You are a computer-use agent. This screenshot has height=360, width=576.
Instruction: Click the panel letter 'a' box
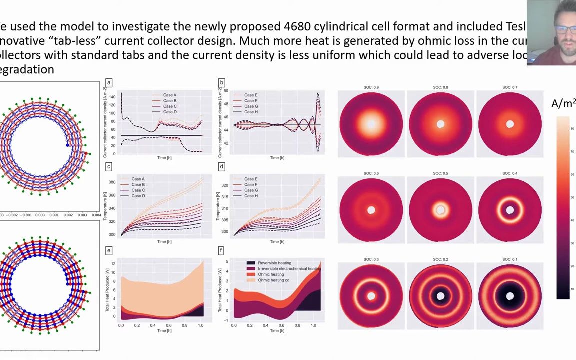tap(109, 82)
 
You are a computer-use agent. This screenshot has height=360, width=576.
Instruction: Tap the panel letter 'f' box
tap(221, 250)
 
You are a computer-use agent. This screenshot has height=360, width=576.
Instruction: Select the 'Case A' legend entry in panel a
tap(169, 95)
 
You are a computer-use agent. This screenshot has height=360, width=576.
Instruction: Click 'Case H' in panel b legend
tap(251, 112)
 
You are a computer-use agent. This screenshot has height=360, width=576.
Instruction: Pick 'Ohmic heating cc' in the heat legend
tap(273, 280)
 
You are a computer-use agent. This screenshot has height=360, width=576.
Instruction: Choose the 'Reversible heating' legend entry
tap(274, 263)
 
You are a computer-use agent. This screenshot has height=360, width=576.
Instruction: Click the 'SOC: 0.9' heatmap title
tap(371, 87)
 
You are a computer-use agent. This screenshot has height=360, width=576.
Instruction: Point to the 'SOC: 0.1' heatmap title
tap(510, 259)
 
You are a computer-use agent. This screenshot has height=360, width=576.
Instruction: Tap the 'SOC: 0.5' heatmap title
tap(440, 173)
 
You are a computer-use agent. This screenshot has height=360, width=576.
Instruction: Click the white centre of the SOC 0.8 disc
tap(440, 124)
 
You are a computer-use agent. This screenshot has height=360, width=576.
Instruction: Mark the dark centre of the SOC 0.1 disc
tap(510, 296)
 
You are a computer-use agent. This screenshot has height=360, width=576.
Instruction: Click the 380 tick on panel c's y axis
tap(112, 182)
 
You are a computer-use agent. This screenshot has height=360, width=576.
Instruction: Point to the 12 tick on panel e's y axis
tap(113, 263)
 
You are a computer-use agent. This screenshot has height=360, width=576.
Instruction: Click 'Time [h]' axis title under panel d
tap(277, 242)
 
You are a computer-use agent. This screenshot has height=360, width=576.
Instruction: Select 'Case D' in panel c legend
tap(138, 196)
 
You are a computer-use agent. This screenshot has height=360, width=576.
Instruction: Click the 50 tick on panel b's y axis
tap(226, 91)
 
